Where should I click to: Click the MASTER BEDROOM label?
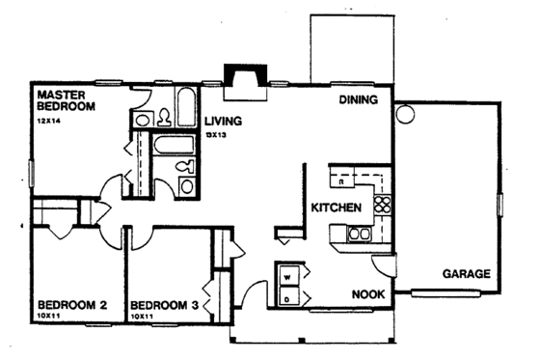pyautogui.click(x=67, y=101)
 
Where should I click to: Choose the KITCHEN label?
pyautogui.click(x=336, y=208)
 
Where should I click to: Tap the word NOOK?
pyautogui.click(x=367, y=294)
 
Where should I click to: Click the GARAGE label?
pyautogui.click(x=467, y=273)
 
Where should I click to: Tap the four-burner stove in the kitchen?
pyautogui.click(x=382, y=204)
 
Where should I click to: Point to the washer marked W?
pyautogui.click(x=288, y=276)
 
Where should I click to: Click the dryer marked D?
pyautogui.click(x=288, y=300)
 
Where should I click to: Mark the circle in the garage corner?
pyautogui.click(x=405, y=114)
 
